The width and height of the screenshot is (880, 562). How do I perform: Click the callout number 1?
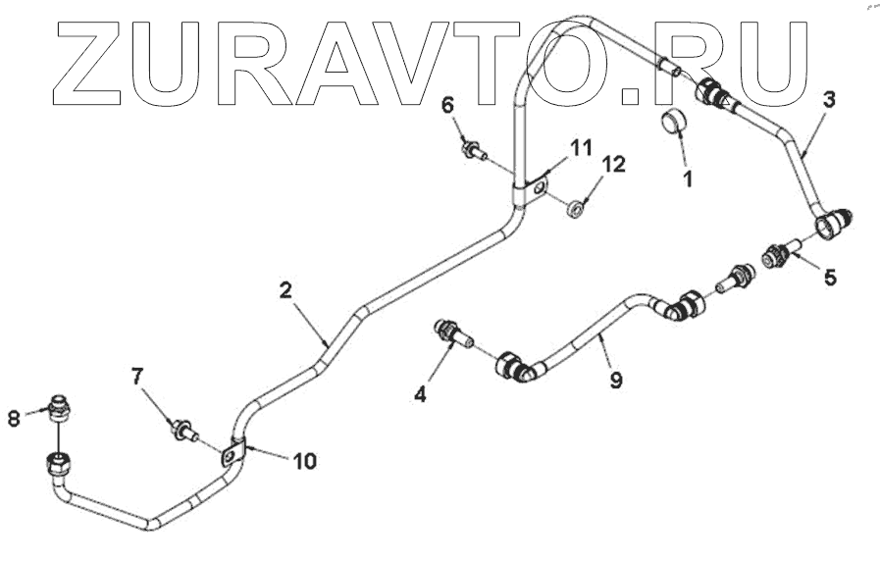point(687,179)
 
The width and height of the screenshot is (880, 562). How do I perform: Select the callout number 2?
point(285,290)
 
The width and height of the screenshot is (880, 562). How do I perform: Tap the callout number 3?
point(829,100)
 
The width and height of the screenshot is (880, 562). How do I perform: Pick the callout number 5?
point(830,278)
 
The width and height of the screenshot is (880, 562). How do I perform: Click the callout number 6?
point(447,106)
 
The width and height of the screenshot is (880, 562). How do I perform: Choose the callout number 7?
point(138,377)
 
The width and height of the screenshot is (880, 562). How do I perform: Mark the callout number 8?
point(14,418)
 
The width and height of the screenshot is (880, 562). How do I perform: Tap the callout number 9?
point(615,380)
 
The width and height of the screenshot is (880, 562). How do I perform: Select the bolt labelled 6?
point(471,151)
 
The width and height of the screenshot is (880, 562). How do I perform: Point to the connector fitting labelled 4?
point(451,332)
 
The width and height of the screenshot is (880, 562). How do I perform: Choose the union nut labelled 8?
point(61,404)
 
